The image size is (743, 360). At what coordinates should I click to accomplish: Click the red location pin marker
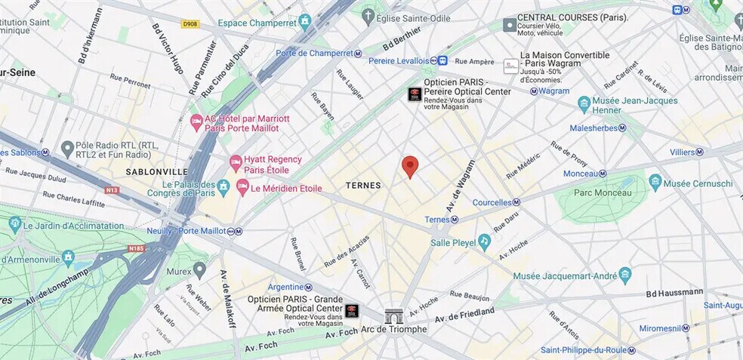pyautogui.click(x=409, y=166)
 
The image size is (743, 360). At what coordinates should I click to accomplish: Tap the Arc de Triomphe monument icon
pyautogui.click(x=394, y=316)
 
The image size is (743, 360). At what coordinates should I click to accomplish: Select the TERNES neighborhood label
pyautogui.click(x=363, y=186)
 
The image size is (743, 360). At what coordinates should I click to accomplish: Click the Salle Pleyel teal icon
pyautogui.click(x=484, y=242)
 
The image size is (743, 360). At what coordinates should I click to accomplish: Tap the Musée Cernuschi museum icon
pyautogui.click(x=655, y=183)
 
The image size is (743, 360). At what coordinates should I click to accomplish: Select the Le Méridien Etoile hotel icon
pyautogui.click(x=242, y=186)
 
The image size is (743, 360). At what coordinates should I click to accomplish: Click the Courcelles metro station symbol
pyautogui.click(x=516, y=202)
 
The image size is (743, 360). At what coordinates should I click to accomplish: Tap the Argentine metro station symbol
pyautogui.click(x=309, y=287)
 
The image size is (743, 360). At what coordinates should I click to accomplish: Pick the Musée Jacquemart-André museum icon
pyautogui.click(x=624, y=275)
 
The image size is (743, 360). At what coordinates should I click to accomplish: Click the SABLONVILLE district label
pyautogui.click(x=156, y=171)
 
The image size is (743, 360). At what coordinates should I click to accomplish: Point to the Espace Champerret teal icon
pyautogui.click(x=304, y=21)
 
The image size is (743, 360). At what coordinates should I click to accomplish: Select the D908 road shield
pyautogui.click(x=190, y=24)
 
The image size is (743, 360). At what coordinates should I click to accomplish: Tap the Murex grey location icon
pyautogui.click(x=199, y=269)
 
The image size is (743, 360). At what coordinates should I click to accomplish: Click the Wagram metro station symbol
pyautogui.click(x=533, y=91)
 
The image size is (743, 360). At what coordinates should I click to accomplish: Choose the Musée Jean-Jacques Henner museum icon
pyautogui.click(x=584, y=104)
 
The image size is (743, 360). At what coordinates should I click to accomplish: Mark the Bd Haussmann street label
pyautogui.click(x=674, y=292)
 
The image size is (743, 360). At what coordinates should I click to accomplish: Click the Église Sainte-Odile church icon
pyautogui.click(x=368, y=14)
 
